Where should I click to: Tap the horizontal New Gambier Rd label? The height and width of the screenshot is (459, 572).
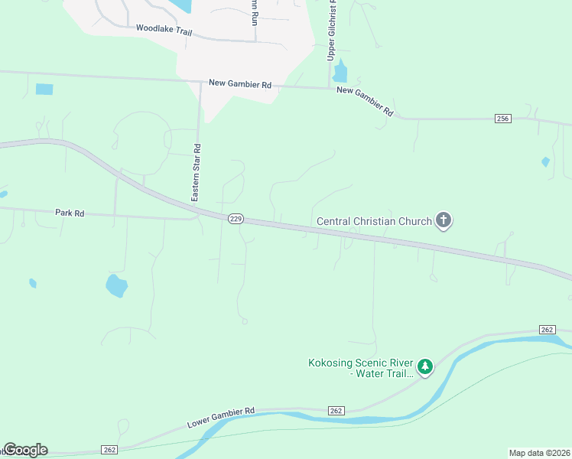[x=241, y=83]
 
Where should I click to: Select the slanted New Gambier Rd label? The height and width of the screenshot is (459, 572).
[x=365, y=100]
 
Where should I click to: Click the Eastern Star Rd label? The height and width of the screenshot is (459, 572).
[x=197, y=173]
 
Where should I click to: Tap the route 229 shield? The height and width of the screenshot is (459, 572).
[x=236, y=219]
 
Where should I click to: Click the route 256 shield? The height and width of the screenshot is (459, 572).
[x=502, y=119]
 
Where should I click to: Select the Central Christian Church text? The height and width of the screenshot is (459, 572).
[x=375, y=222]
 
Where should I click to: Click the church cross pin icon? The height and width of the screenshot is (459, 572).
[x=444, y=221]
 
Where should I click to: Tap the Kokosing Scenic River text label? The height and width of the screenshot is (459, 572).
[x=360, y=368]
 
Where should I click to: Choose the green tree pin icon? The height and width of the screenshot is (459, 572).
[x=425, y=367]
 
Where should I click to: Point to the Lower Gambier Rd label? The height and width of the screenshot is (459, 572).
[x=221, y=418]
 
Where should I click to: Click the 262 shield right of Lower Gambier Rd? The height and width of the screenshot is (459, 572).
[x=337, y=411]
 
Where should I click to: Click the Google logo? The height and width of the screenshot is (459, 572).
[x=25, y=450]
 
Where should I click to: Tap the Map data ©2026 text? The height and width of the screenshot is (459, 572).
[x=539, y=452]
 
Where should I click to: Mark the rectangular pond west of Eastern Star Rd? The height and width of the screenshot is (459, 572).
[x=44, y=89]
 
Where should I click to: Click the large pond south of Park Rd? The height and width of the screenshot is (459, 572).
[x=116, y=285]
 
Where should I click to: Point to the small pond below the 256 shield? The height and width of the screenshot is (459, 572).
[x=545, y=161]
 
